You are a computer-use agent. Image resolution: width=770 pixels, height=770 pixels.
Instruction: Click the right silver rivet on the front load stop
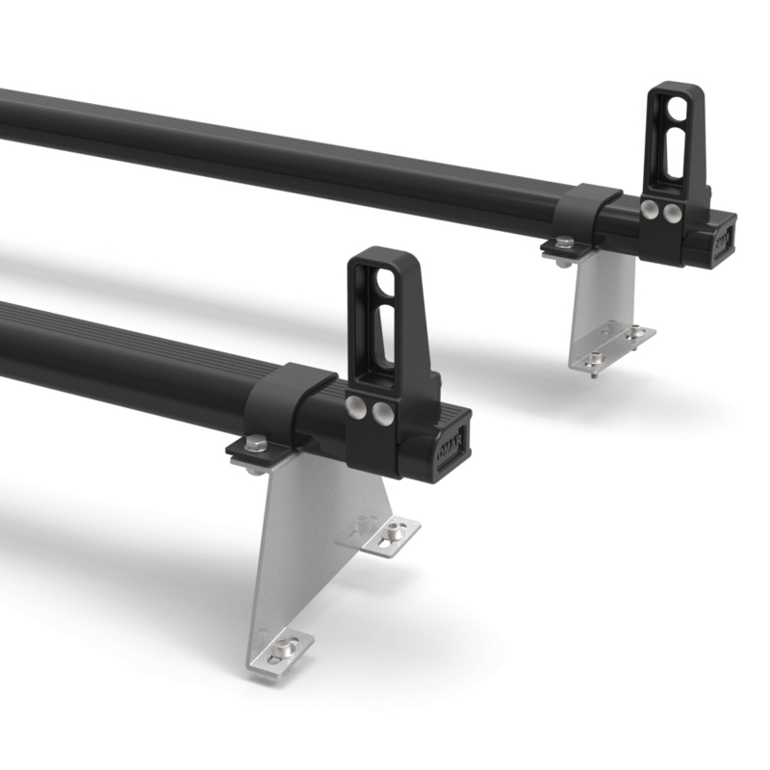pos(383,415)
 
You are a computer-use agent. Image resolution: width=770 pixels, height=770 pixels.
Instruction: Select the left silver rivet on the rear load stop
pos(653,209)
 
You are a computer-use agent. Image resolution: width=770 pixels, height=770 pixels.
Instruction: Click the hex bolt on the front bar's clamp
pos(255,444)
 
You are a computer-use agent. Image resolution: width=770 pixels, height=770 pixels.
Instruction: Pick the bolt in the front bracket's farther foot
pos(395,530)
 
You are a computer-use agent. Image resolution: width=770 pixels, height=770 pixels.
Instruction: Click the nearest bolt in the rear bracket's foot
pos(595,358)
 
